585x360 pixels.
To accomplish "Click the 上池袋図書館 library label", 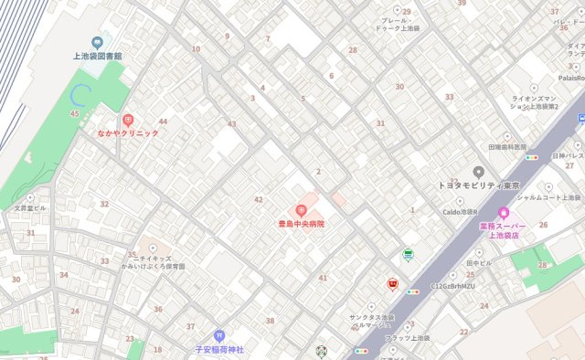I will (x=97, y=57).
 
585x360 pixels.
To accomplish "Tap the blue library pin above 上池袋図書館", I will (x=97, y=41).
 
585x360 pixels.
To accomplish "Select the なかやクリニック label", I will (x=128, y=133).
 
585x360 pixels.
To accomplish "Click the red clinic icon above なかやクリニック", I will (x=128, y=120).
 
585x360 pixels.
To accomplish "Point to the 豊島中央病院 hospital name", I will (x=302, y=224).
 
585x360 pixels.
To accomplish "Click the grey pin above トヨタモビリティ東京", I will (x=478, y=171).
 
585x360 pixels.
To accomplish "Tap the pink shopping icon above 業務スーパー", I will (x=504, y=213).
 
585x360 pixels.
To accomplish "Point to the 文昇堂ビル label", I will (x=30, y=207).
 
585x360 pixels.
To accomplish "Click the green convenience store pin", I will (x=408, y=255).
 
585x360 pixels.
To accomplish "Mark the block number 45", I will (x=74, y=113).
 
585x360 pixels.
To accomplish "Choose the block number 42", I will (x=259, y=199).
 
